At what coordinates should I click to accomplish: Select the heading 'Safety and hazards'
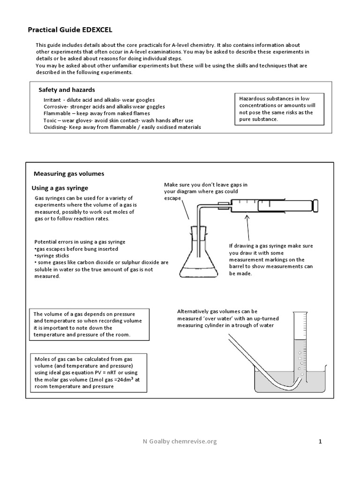(67, 90)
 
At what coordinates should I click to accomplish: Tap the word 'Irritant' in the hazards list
(52, 100)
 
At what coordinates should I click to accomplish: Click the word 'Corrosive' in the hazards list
(56, 106)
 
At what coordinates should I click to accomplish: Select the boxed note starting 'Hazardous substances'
(279, 109)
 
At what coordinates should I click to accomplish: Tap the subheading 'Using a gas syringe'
(60, 188)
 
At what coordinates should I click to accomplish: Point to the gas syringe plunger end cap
(316, 205)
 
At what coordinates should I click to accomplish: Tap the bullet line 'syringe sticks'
(52, 256)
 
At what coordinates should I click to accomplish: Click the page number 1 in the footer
(320, 441)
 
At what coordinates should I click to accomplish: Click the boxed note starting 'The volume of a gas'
(89, 325)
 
